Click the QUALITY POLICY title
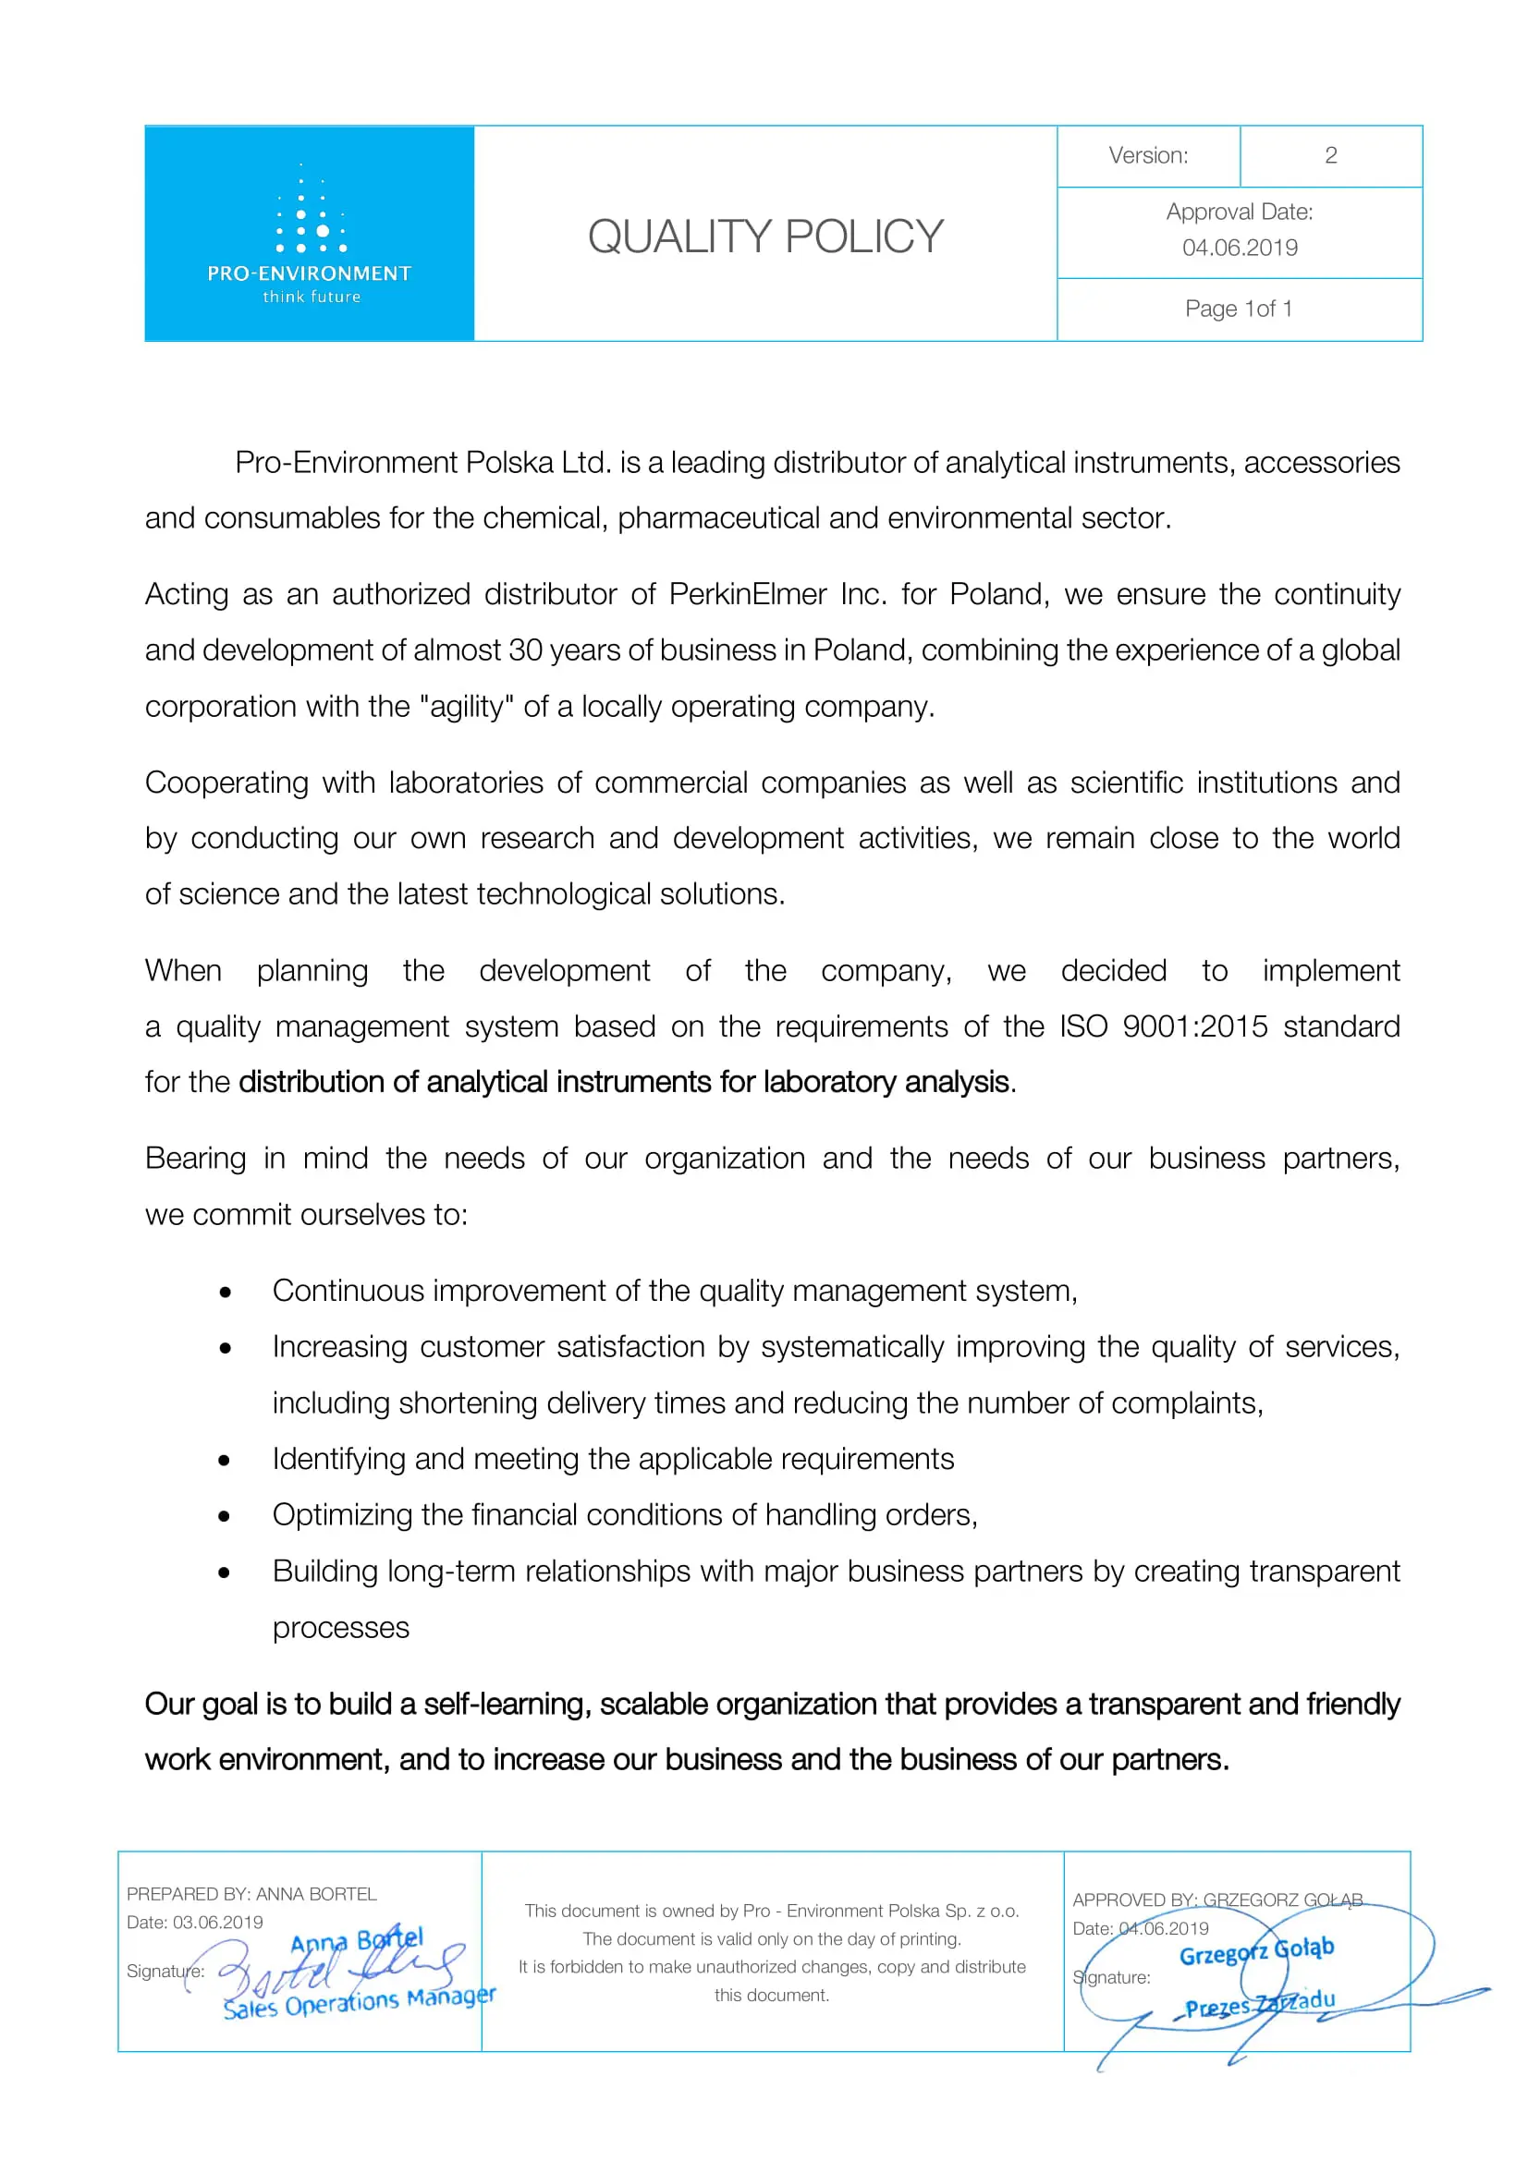pos(764,237)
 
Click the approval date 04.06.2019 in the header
pos(1239,248)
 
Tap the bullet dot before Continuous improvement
pos(225,1293)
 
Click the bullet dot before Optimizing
pos(224,1516)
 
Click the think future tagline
pos(311,297)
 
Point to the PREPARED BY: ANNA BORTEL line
pos(251,1894)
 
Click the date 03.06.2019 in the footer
pos(217,1922)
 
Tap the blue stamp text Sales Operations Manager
pos(358,2003)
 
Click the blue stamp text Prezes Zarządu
pos(1259,2004)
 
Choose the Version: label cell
pos(1148,155)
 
